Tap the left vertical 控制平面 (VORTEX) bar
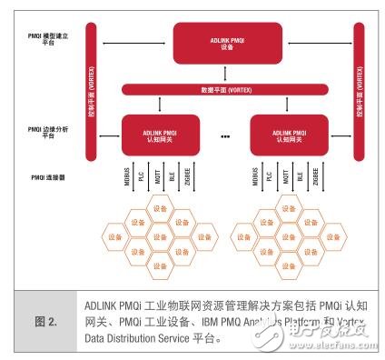tap(91, 75)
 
